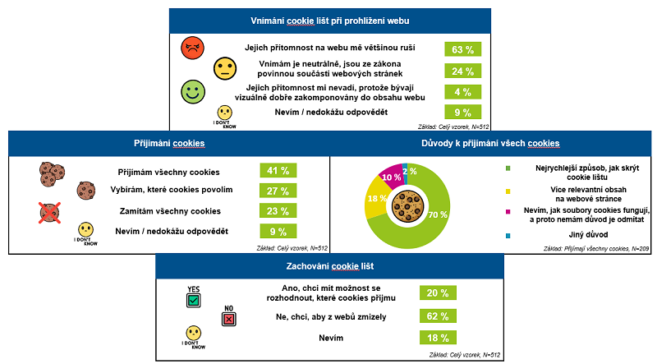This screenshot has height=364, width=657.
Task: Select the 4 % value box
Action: pos(461,91)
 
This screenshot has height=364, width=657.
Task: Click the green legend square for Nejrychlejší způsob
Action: pos(508,169)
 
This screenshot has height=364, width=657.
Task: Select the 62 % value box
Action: pos(437,315)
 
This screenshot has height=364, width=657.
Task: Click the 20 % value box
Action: pos(437,293)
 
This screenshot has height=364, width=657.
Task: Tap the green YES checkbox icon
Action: pos(193,301)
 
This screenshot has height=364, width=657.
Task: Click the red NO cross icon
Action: pos(229,319)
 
